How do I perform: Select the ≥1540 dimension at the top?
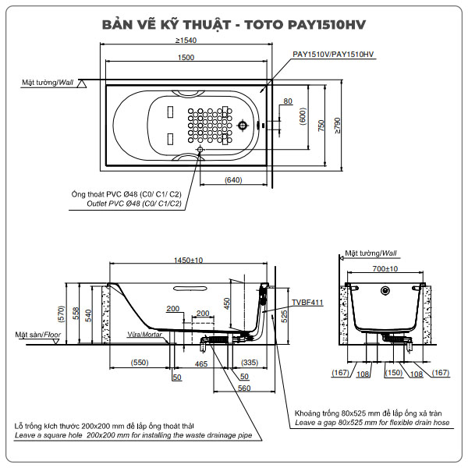pos(186,40)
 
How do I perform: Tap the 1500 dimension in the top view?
pos(186,58)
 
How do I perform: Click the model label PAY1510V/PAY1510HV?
pos(333,55)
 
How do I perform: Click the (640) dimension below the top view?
pos(232,180)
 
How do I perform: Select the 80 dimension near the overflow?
pos(288,101)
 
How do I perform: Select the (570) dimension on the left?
pos(61,313)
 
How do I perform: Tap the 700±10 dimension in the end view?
pos(383,268)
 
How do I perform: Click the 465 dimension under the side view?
pos(200,363)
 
